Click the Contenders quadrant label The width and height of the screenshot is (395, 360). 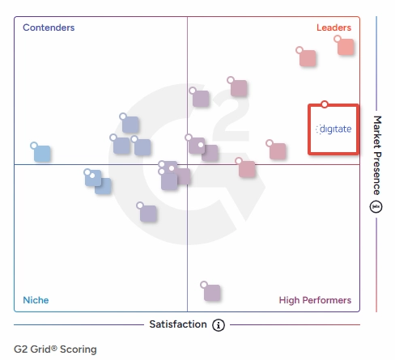(49, 28)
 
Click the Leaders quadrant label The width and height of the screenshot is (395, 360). (333, 28)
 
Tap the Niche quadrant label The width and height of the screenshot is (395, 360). (36, 300)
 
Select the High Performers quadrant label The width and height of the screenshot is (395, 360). (315, 300)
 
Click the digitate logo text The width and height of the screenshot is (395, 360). (333, 129)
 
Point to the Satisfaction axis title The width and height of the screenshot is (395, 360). (178, 324)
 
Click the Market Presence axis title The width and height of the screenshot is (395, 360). (377, 155)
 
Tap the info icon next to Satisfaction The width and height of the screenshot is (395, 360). (219, 325)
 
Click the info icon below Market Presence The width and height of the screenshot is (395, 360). (376, 207)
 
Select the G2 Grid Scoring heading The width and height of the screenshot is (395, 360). (55, 349)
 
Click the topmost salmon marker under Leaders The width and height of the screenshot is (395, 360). (346, 47)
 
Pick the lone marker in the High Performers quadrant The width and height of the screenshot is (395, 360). (212, 293)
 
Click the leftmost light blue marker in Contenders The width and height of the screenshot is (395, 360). (42, 154)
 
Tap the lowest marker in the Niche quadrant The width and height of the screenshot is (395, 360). (148, 214)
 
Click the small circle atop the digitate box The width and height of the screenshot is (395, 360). (325, 104)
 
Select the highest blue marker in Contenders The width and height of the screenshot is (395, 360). (130, 125)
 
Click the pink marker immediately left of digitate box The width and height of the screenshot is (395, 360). (278, 151)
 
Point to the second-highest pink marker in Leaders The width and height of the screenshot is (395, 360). (308, 58)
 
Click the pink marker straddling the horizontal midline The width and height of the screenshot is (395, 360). (247, 169)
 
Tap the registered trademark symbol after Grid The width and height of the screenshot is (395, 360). (54, 348)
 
